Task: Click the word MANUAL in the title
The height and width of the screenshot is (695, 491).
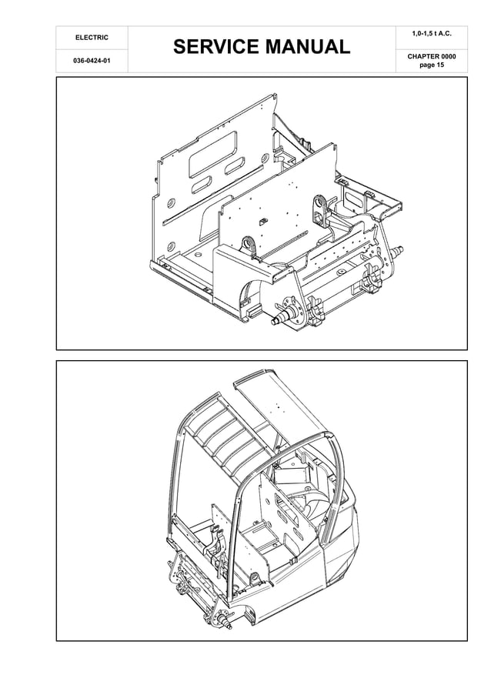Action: coord(308,48)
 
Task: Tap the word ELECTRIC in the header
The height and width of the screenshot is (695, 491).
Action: coord(91,38)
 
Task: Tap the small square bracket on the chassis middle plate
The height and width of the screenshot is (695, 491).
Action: coord(262,221)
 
